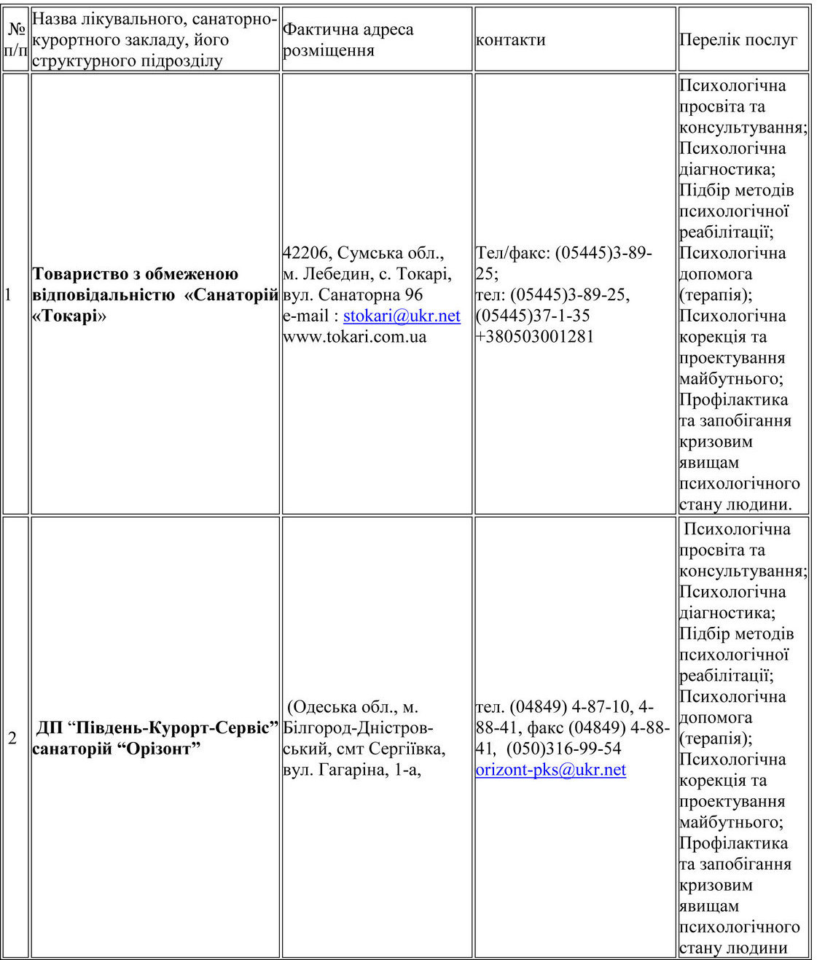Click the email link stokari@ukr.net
tap(402, 316)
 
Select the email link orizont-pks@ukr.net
tap(550, 770)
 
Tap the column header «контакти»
tap(510, 40)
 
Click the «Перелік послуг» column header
tap(738, 40)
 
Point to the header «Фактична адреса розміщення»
tap(348, 39)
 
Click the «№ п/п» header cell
tap(15, 39)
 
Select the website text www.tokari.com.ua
tap(354, 337)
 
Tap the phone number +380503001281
tap(534, 337)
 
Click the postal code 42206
tap(306, 253)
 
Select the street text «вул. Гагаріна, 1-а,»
tap(353, 770)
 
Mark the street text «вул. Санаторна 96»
tap(353, 295)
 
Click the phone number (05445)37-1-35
tap(533, 316)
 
